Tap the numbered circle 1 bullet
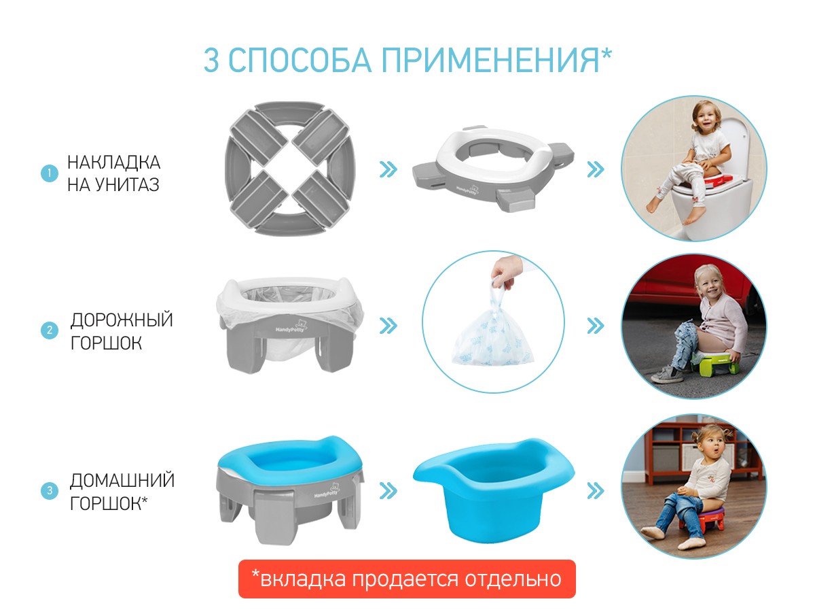[50, 173]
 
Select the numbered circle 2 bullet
[50, 330]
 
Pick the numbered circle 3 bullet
[50, 490]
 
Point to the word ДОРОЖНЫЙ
[122, 320]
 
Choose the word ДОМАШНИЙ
[122, 480]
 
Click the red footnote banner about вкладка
[407, 579]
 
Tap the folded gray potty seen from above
[290, 169]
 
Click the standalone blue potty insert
[494, 490]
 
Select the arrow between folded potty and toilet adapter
[388, 169]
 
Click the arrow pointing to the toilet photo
[596, 169]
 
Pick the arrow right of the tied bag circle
[596, 326]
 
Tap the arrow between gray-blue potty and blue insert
[388, 491]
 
